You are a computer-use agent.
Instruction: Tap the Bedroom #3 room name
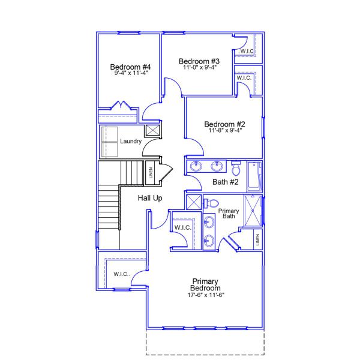199,61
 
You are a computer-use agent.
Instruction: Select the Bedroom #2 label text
224,124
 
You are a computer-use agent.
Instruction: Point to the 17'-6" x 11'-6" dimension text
205,295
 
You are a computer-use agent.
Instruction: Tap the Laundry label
130,142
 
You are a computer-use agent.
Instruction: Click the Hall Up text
150,198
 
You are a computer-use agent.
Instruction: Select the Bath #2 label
226,182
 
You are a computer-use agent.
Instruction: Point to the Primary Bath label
229,213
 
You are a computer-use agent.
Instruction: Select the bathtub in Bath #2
254,175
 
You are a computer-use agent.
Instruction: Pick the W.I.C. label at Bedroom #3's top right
247,52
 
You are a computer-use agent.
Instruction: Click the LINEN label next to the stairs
151,173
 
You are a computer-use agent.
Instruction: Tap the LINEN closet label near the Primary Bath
257,239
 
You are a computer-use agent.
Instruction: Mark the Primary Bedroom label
205,284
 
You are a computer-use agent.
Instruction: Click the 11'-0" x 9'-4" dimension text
199,67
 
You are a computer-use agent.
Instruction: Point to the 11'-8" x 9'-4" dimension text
224,130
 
